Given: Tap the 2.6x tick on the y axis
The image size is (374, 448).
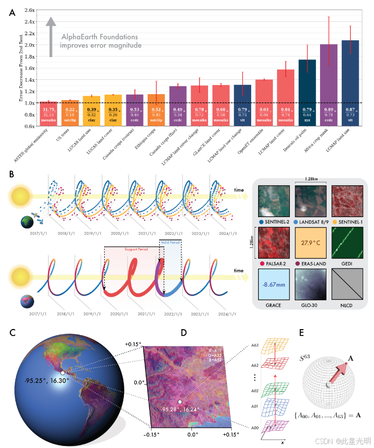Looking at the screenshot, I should coord(29,10).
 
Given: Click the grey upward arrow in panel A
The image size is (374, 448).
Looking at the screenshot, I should coord(49,37).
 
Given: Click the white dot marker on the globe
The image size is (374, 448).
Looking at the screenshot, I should coord(62,372).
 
